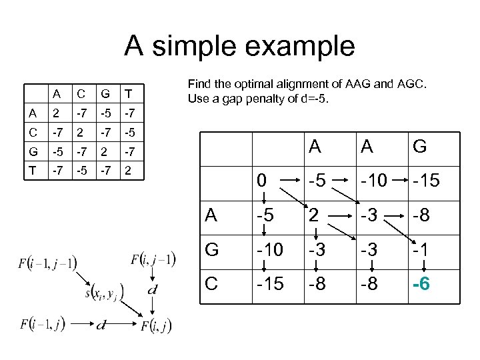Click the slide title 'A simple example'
pos(240,46)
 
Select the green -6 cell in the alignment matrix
pos(421,285)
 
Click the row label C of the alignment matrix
pos(211,285)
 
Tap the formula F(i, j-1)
pos(153,261)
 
